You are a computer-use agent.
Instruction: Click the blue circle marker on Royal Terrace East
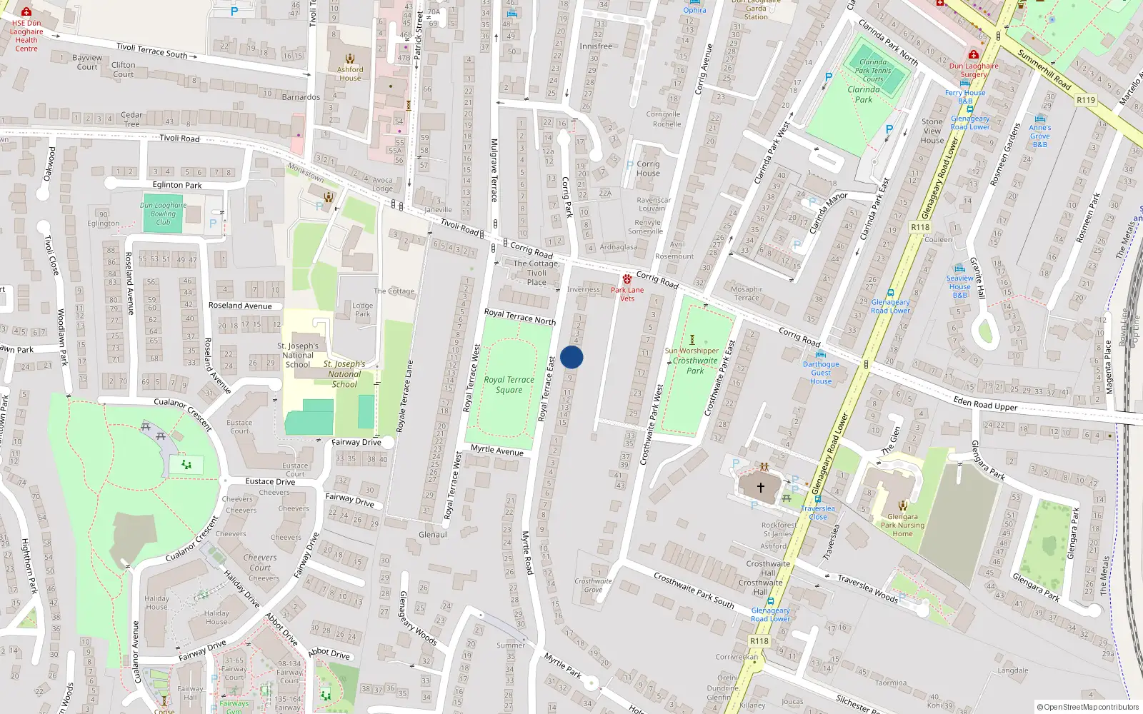[x=571, y=357]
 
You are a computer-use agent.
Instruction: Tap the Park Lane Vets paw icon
[x=627, y=279]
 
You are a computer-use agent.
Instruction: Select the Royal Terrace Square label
[x=509, y=385]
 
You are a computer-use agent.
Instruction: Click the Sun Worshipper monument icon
[x=692, y=340]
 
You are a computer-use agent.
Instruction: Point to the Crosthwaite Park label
[x=695, y=366]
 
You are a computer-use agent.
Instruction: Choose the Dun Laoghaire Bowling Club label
[x=163, y=213]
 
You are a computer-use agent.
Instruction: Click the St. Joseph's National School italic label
[x=344, y=374]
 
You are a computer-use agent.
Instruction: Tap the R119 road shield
[x=1085, y=100]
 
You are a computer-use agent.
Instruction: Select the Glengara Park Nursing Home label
[x=902, y=525]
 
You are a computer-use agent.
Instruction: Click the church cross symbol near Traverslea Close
[x=760, y=488]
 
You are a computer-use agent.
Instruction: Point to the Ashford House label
[x=350, y=74]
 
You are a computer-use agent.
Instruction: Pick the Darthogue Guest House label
[x=821, y=373]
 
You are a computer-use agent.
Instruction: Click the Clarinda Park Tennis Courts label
[x=873, y=70]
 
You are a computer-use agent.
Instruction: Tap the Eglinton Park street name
[x=177, y=185]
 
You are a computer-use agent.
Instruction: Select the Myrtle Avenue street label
[x=496, y=450]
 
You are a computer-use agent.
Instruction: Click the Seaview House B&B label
[x=959, y=286]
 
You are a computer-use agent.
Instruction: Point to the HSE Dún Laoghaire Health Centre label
[x=26, y=36]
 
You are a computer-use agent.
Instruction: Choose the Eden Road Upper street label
[x=985, y=404]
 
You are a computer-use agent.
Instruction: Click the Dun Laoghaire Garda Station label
[x=756, y=10]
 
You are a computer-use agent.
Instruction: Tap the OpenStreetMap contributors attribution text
[x=1087, y=708]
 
